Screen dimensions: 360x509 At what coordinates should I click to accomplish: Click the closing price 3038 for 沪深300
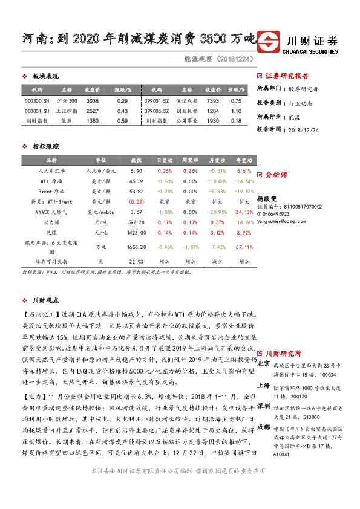pyautogui.click(x=93, y=101)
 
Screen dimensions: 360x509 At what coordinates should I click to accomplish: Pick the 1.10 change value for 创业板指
pyautogui.click(x=237, y=111)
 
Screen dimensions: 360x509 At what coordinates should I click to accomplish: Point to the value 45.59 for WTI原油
pyautogui.click(x=136, y=181)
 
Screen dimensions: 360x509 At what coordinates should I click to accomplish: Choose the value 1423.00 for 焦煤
pyautogui.click(x=136, y=232)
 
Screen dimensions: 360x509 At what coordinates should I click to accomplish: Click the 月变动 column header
pyautogui.click(x=216, y=160)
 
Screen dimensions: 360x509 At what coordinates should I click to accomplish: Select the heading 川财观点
pyautogui.click(x=45, y=300)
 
